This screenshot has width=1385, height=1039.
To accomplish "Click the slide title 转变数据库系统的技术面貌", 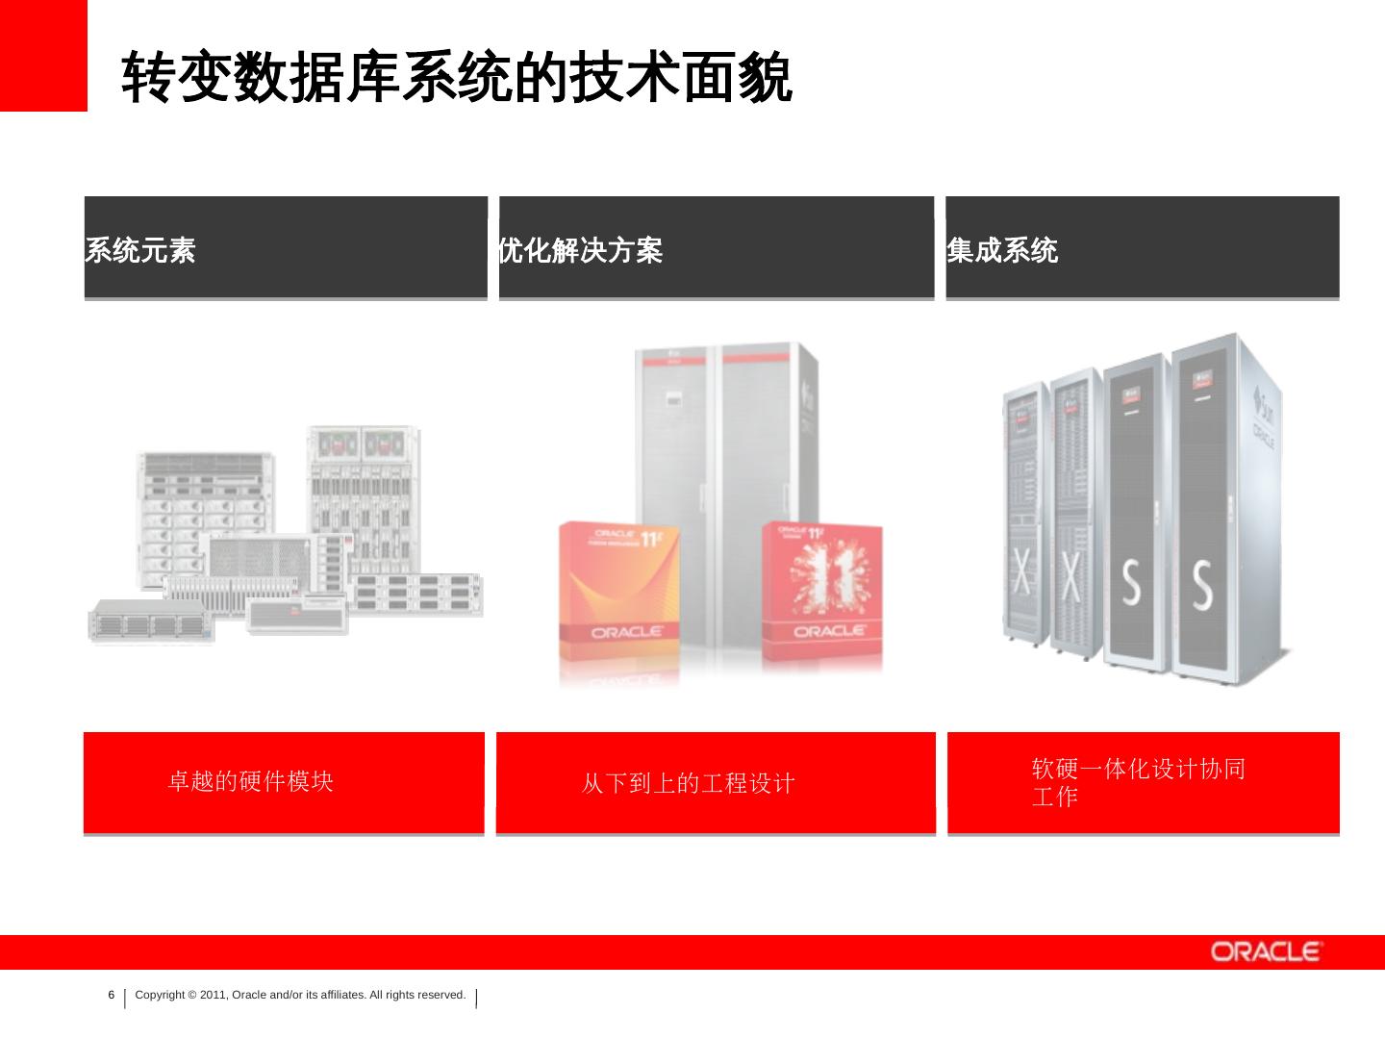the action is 456,77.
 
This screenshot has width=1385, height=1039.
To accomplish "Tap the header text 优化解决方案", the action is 580,251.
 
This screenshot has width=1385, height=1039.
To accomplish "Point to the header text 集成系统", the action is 1002,251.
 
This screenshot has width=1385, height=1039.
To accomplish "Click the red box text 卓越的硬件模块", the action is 250,781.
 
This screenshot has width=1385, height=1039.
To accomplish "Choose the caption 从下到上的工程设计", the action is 688,783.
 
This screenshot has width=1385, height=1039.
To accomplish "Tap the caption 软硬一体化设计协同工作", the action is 1138,782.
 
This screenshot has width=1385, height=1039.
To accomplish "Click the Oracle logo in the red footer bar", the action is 1266,952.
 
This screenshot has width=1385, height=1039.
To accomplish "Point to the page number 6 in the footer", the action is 111,995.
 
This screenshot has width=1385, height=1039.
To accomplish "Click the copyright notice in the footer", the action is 300,995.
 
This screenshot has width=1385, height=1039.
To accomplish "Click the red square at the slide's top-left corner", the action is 43,55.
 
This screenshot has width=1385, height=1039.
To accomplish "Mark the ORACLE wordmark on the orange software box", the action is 626,632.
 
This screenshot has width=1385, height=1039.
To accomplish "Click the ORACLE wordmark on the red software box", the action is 829,631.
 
